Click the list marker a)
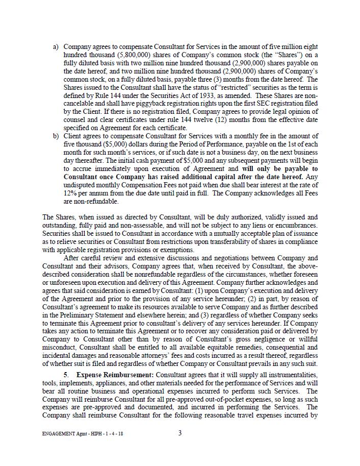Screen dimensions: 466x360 [56, 47]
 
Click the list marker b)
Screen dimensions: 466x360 [56, 136]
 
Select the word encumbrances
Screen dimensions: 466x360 [294, 226]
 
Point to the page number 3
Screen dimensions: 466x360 [180, 433]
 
